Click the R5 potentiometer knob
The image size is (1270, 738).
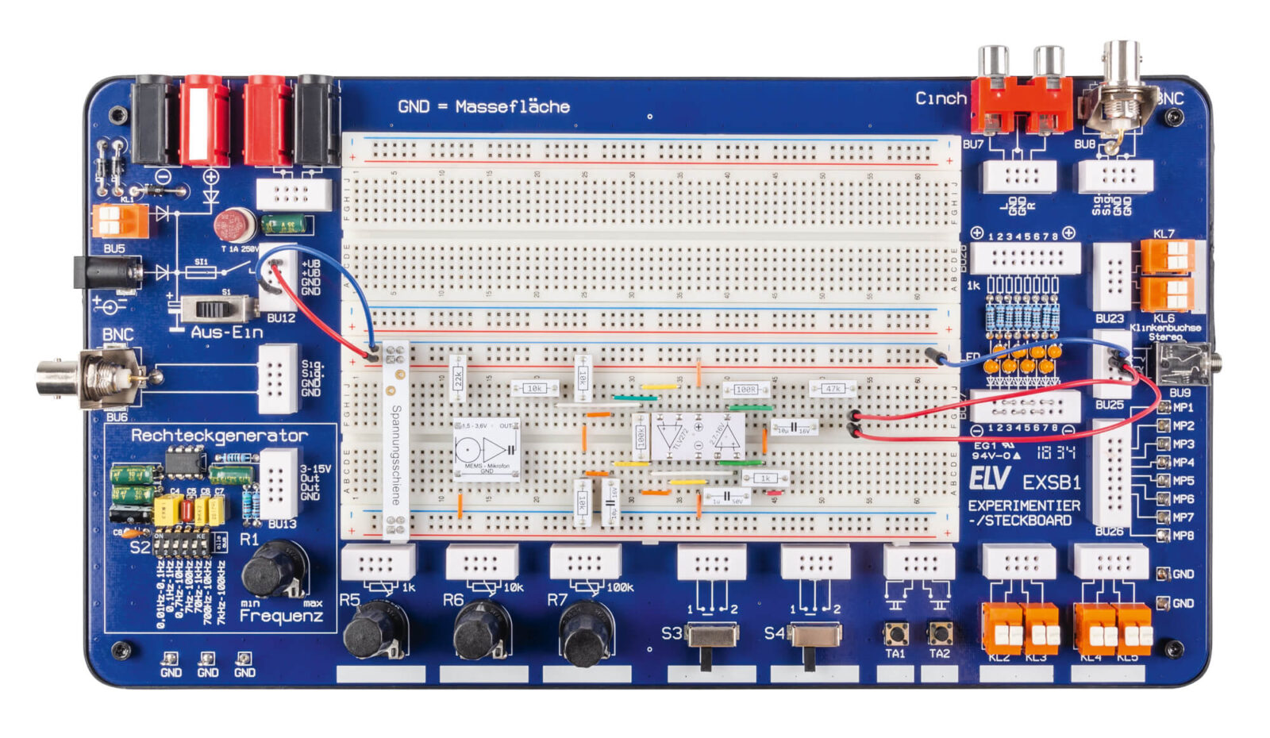tap(374, 628)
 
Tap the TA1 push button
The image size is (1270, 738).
tap(897, 632)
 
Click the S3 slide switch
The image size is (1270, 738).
tap(711, 636)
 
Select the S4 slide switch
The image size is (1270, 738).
tap(813, 636)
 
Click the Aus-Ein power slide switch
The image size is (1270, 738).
tap(217, 308)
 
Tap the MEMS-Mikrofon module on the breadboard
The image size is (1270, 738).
tap(487, 448)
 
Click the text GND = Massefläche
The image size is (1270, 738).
tap(483, 106)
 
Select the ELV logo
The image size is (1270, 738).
tap(989, 478)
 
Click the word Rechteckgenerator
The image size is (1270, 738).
tap(219, 435)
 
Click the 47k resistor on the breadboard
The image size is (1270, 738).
tap(833, 389)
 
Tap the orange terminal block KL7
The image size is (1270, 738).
tap(1167, 256)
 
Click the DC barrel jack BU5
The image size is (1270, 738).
tap(107, 273)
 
